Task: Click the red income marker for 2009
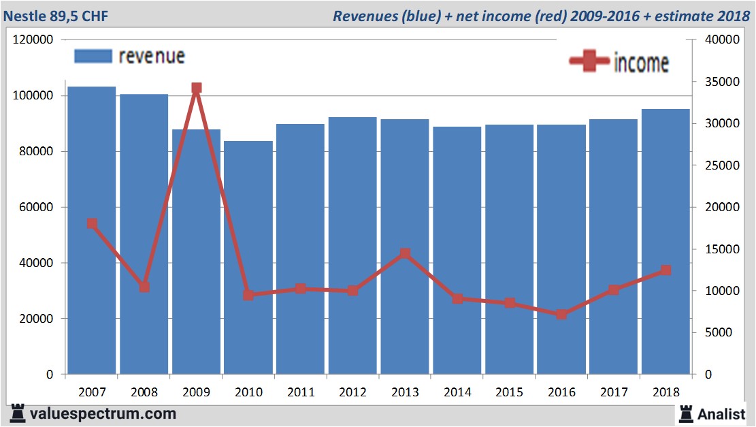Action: pos(197,89)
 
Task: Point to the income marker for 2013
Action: pos(405,254)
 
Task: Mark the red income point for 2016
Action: pos(561,315)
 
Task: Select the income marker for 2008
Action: pos(144,287)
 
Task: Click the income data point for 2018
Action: pos(665,270)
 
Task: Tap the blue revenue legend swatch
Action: pos(93,56)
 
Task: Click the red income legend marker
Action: pos(589,61)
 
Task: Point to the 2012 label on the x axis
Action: pos(352,392)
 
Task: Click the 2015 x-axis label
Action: pos(509,392)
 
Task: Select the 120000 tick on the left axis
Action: pos(34,40)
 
